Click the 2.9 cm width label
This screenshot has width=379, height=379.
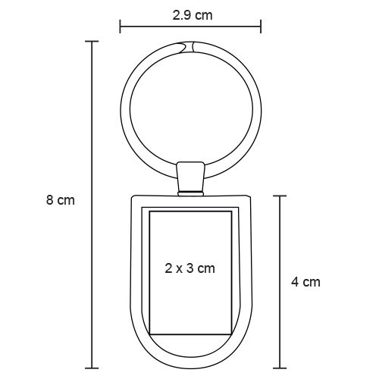coord(193,15)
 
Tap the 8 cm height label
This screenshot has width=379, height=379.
coord(61,200)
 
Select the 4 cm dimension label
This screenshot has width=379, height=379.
coord(305,282)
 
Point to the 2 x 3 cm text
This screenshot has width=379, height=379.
coord(190,268)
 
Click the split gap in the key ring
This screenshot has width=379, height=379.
coord(188,47)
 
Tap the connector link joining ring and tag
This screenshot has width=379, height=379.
coord(190,177)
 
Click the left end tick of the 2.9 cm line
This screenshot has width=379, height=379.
coord(120,26)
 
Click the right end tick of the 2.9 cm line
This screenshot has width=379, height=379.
coord(261,26)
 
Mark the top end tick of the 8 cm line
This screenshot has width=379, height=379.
coord(92,41)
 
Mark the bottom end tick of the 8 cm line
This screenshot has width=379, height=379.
coord(92,368)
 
